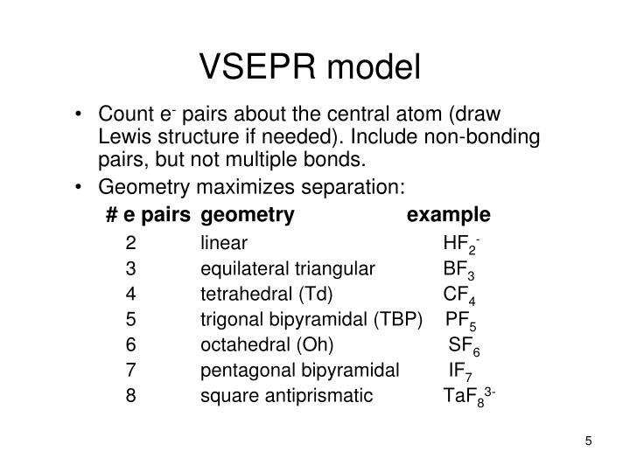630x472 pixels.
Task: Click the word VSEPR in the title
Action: pos(257,66)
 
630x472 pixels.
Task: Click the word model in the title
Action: pos(374,66)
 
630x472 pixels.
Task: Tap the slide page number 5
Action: pos(588,441)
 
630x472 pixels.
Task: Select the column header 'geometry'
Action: pos(248,216)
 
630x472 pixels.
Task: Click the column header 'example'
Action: pos(448,216)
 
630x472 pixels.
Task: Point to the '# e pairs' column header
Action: pos(148,216)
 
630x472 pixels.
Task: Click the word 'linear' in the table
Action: pos(224,243)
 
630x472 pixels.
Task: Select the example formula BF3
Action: pos(458,270)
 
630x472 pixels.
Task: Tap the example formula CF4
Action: pos(459,295)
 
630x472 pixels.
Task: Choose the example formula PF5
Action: pos(461,321)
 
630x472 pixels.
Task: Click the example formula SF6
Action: pos(464,346)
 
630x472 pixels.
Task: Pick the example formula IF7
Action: pos(460,372)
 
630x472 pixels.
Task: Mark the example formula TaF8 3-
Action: pos(469,397)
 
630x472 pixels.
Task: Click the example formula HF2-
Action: pos(461,245)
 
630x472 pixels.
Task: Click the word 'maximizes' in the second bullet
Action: pos(246,187)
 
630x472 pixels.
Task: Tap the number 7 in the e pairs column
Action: pos(130,370)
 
